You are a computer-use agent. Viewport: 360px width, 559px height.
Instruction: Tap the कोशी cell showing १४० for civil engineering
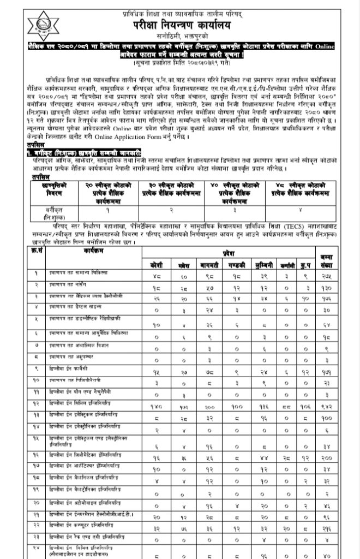tap(157, 405)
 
